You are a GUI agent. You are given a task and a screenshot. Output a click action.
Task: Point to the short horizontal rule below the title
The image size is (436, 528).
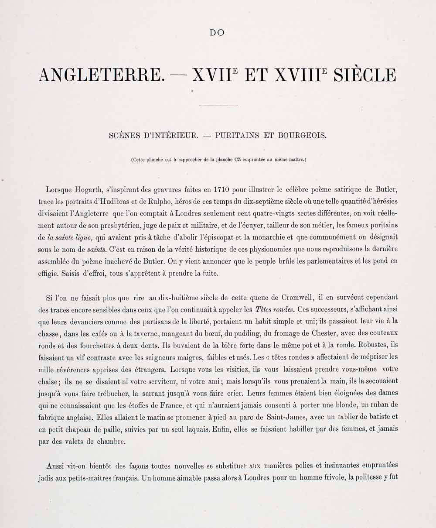click(218, 105)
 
